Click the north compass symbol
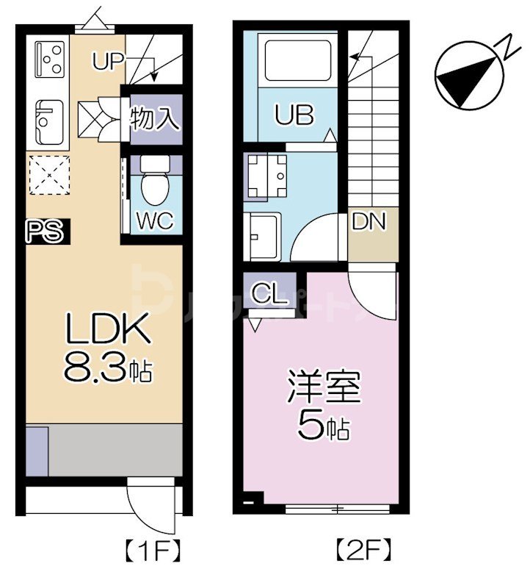click(x=470, y=73)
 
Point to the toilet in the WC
click(x=154, y=184)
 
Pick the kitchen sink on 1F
click(x=48, y=121)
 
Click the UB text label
click(x=295, y=115)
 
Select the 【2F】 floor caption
click(x=363, y=549)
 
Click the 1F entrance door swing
click(x=153, y=507)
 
